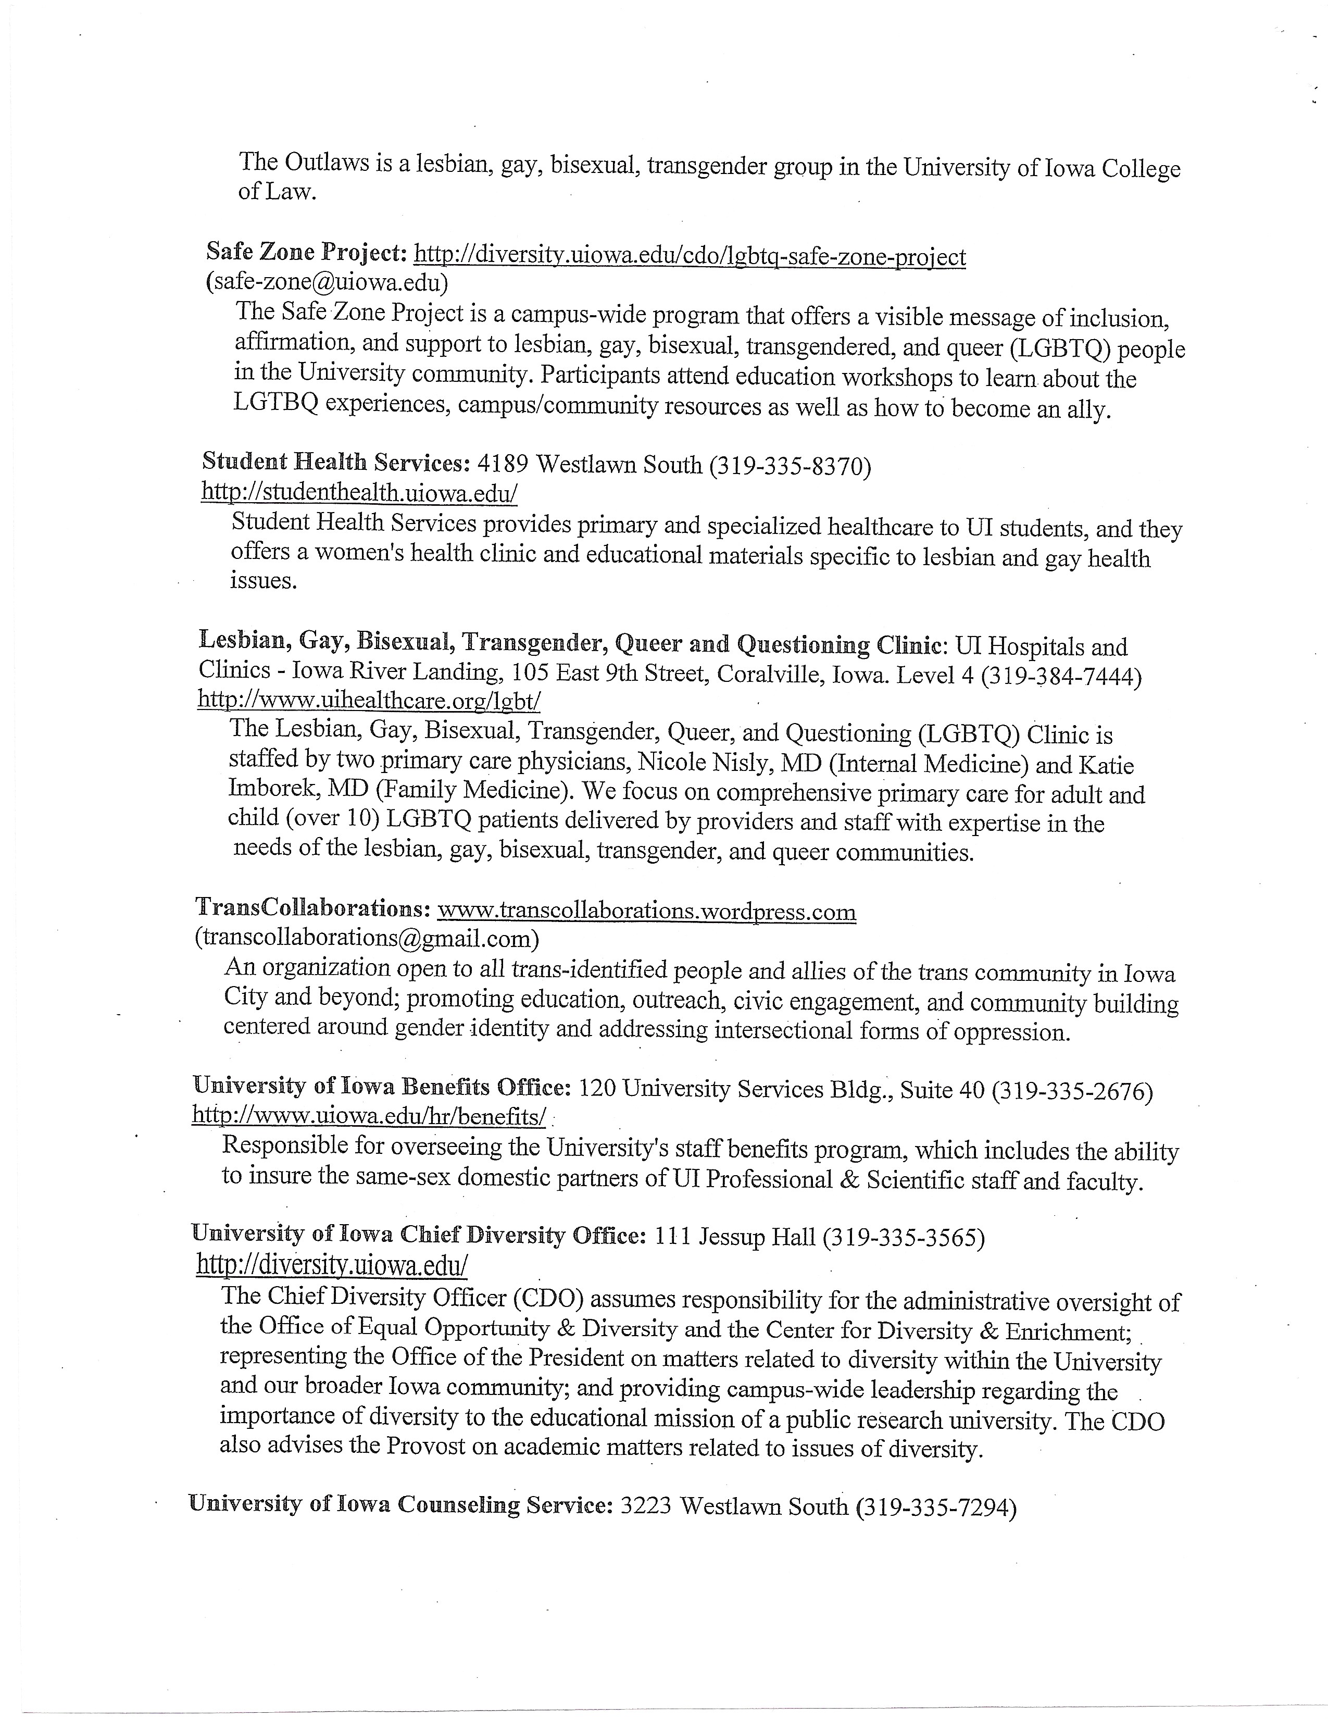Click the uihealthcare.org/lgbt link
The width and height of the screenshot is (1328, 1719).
[x=369, y=700]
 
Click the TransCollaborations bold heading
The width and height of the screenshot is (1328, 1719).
[x=311, y=907]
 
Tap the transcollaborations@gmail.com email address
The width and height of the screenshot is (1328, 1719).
[x=367, y=938]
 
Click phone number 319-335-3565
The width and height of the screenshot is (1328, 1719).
[x=903, y=1239]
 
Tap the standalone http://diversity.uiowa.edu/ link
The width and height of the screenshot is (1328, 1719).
[x=332, y=1265]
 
